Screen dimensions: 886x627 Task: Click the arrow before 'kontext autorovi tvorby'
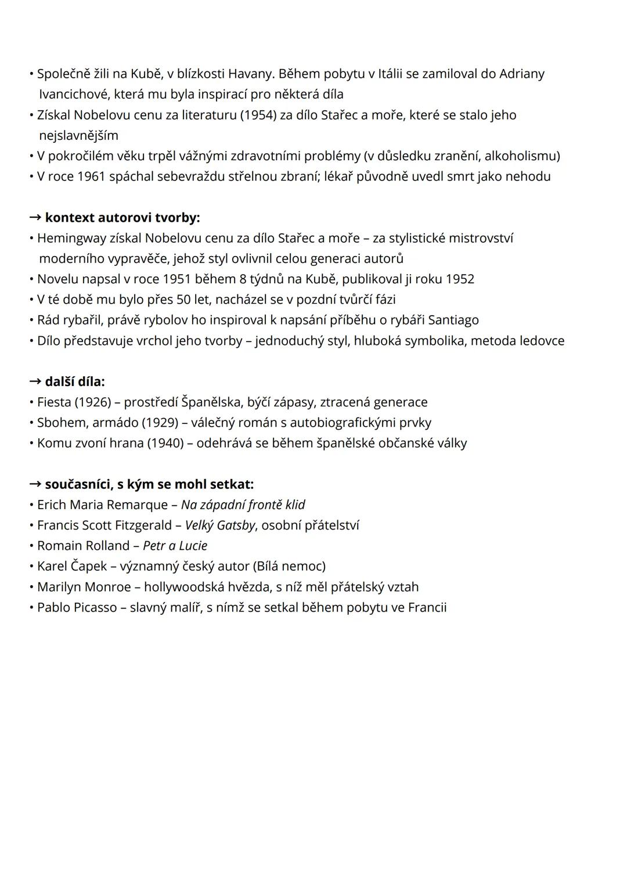click(35, 218)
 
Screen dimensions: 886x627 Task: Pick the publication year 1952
click(460, 279)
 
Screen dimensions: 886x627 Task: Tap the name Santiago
click(453, 320)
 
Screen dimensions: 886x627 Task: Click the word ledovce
click(542, 341)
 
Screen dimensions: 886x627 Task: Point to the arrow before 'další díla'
click(35, 382)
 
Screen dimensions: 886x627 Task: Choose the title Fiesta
click(54, 402)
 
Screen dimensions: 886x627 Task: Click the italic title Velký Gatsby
click(220, 525)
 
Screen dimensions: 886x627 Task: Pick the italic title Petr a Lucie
click(175, 546)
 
